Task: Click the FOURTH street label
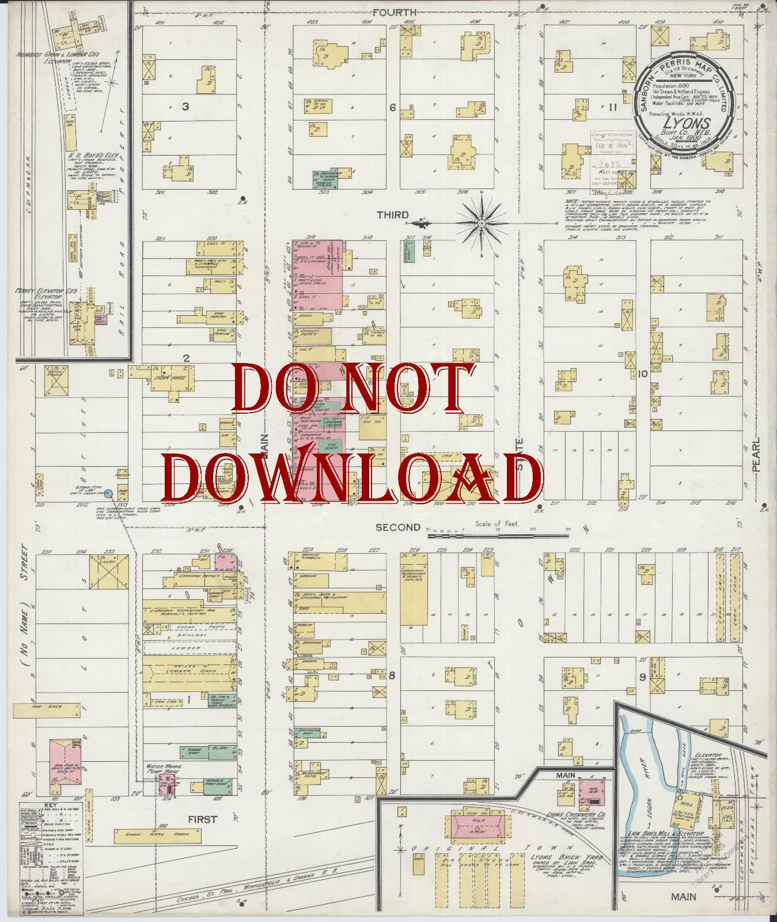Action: pos(395,12)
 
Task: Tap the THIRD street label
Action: pos(393,215)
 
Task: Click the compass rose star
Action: pos(482,222)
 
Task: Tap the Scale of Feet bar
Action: pos(498,536)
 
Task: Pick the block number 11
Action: pos(612,107)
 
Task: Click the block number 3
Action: pos(185,106)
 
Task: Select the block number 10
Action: pos(642,373)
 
